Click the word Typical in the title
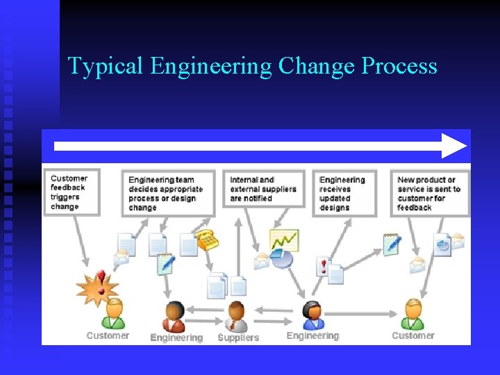coord(106,67)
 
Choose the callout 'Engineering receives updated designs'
coord(344,193)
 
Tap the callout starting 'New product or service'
coord(428,193)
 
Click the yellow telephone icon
coord(207,240)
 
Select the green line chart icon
coord(284,241)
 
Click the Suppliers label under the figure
coord(238,337)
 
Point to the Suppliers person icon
coord(237,317)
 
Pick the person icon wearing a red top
coord(174,317)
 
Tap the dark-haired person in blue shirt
coord(313,315)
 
